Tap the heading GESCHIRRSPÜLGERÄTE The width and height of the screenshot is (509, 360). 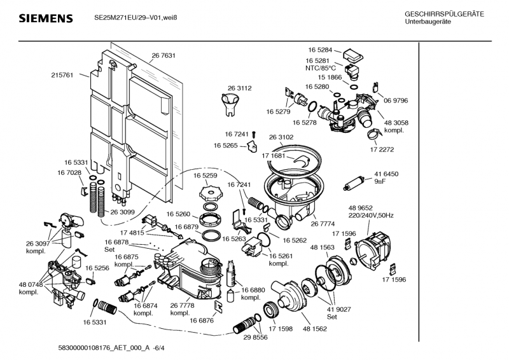click(444, 14)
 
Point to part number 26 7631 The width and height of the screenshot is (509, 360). click(164, 56)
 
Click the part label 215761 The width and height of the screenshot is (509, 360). click(62, 75)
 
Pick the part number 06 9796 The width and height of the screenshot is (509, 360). click(396, 100)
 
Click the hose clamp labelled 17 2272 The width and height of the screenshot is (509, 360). click(375, 133)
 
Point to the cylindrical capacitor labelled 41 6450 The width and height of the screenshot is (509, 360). click(352, 185)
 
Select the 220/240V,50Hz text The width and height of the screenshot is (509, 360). click(371, 216)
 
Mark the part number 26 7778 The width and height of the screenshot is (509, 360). click(182, 305)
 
